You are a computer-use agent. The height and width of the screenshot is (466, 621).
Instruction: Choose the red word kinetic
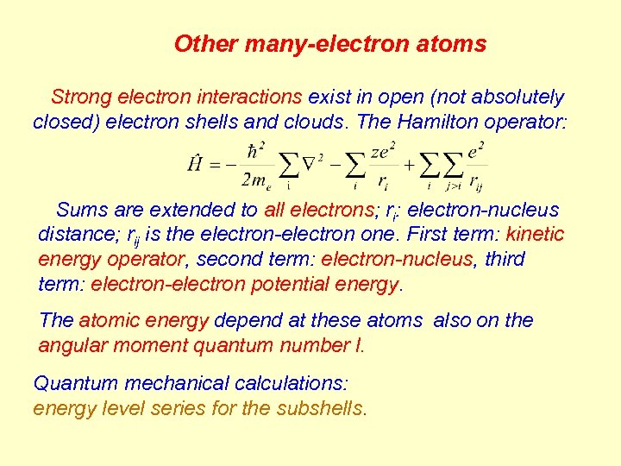click(535, 234)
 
